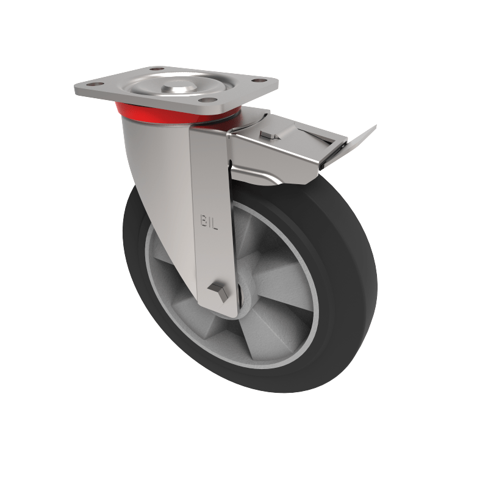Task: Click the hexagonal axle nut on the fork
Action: tap(218, 292)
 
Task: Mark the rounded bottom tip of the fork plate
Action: tap(220, 313)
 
